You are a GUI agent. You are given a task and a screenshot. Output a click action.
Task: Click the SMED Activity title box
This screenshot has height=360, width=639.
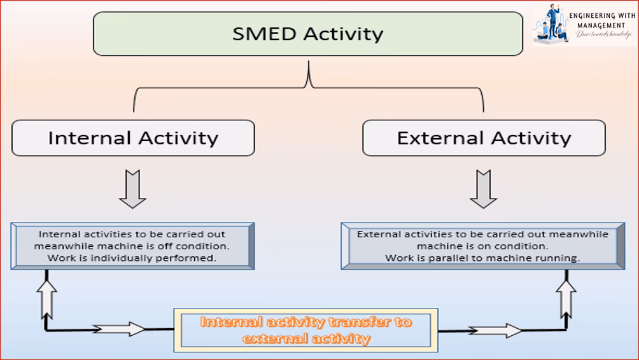coord(308,34)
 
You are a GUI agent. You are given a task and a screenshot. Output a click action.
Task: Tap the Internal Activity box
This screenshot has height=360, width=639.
coord(133,138)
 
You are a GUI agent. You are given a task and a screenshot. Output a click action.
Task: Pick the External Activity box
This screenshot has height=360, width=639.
coord(484,138)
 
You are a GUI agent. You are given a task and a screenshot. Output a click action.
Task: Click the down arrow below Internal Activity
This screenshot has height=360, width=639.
coord(132,189)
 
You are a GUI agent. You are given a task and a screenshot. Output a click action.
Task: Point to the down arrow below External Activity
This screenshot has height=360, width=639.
coord(483,189)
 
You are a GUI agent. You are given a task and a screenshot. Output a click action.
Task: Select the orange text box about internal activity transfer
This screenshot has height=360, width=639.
coord(306,330)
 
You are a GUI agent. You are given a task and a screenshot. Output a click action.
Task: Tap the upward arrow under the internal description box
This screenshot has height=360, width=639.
coord(47,296)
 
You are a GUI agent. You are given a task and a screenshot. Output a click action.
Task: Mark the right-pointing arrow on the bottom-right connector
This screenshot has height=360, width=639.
coord(496,330)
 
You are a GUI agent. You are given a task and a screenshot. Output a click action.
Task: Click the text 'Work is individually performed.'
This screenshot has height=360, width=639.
coord(132,258)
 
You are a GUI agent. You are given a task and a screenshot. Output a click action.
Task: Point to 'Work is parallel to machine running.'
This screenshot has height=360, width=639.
coord(482,258)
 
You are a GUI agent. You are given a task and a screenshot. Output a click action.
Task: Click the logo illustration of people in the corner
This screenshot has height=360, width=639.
coord(551,25)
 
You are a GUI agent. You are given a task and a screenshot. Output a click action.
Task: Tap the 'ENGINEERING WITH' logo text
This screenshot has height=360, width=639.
coord(601,16)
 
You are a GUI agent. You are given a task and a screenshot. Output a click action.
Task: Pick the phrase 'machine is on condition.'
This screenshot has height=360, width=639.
coord(482,246)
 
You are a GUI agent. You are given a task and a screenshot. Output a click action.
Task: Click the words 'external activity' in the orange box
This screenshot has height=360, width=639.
coord(306,338)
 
